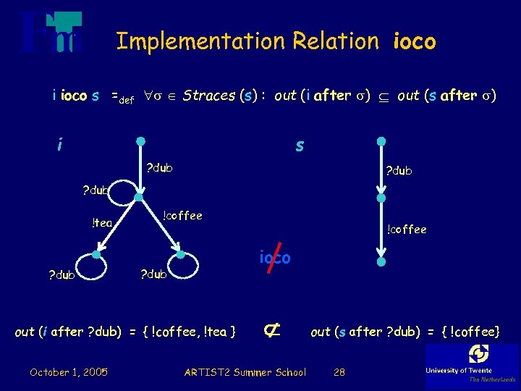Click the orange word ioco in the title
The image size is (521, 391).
(x=414, y=42)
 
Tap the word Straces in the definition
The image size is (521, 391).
(x=208, y=96)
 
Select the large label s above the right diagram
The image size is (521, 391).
(x=300, y=146)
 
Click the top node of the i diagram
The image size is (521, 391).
(x=142, y=141)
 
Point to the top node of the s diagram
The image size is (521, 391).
(x=381, y=141)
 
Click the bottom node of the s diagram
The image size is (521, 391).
(x=381, y=261)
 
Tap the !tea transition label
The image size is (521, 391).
(x=102, y=223)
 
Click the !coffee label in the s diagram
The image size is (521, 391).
(x=406, y=230)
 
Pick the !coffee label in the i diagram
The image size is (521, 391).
(x=182, y=216)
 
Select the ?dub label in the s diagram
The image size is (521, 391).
(x=399, y=172)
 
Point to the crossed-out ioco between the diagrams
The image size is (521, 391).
(x=275, y=258)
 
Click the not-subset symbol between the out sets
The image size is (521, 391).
(x=272, y=331)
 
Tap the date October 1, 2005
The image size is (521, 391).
(x=69, y=372)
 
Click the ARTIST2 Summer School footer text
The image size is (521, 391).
(x=245, y=372)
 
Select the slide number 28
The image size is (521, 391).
(x=339, y=372)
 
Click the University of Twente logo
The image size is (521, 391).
(x=472, y=364)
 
